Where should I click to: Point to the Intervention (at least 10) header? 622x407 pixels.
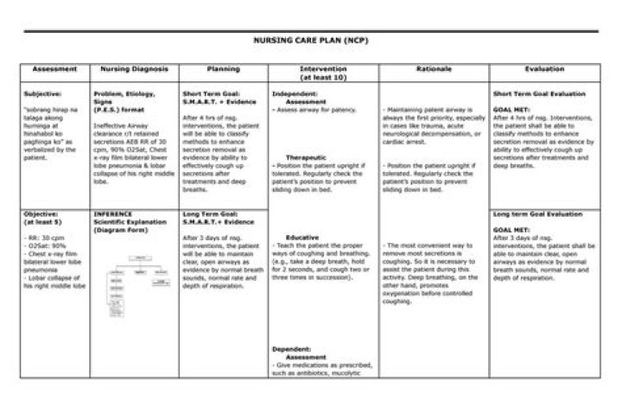(x=323, y=72)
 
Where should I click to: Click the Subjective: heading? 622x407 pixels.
(x=41, y=92)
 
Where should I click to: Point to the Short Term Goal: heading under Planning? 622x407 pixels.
(x=212, y=92)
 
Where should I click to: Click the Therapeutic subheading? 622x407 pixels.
(x=306, y=158)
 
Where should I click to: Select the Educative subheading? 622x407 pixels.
(x=302, y=237)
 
